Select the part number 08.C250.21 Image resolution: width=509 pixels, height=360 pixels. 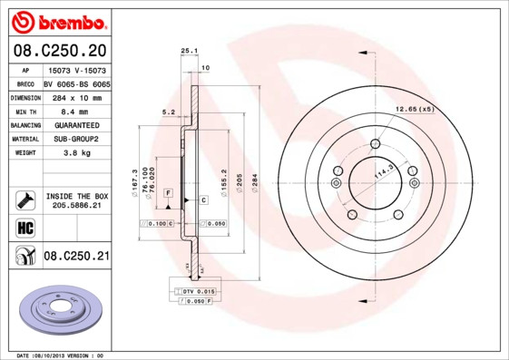coord(76,257)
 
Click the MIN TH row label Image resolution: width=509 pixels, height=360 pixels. coord(24,111)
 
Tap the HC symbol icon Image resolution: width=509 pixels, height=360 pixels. coord(24,227)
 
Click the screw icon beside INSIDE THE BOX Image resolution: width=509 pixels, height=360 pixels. coord(24,199)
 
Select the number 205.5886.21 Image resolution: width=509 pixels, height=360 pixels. coord(76,206)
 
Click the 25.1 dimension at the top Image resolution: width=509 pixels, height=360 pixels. coord(189,51)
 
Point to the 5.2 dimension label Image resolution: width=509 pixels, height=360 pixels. coord(168,112)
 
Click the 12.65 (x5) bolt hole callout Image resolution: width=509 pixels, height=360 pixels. coord(414,109)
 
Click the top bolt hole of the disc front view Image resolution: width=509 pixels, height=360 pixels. coord(376,142)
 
